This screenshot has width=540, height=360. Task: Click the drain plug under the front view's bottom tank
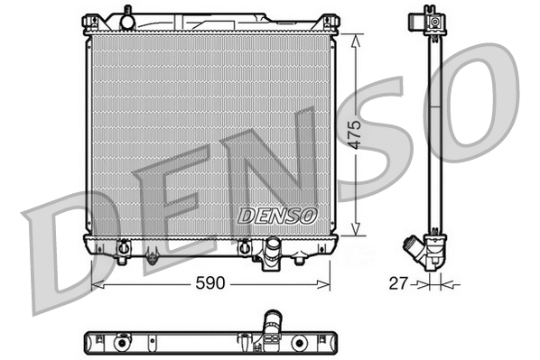tap(152, 259)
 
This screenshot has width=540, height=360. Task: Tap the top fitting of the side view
tap(434, 18)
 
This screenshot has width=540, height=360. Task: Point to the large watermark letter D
tap(68, 253)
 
